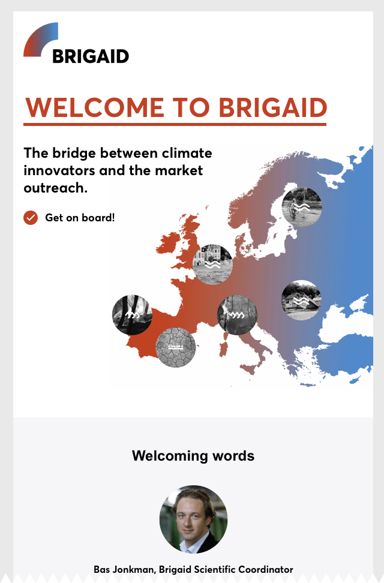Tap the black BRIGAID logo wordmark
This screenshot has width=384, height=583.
point(91,56)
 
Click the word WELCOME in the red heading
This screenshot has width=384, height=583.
point(95,107)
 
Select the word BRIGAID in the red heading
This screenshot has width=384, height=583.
point(272,107)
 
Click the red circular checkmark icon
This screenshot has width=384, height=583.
point(31,218)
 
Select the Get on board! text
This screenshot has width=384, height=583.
point(80,218)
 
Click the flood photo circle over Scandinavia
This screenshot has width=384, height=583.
point(302,207)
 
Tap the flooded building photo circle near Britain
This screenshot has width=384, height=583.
point(212,265)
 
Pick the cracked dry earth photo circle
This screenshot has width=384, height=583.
point(175,347)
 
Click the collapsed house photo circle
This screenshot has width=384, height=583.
point(301,300)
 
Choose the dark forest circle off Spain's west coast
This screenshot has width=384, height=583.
point(132,315)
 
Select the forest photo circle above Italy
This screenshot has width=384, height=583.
point(237,315)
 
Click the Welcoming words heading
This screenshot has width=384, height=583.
point(193,455)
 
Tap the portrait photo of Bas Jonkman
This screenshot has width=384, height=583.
point(193,519)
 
